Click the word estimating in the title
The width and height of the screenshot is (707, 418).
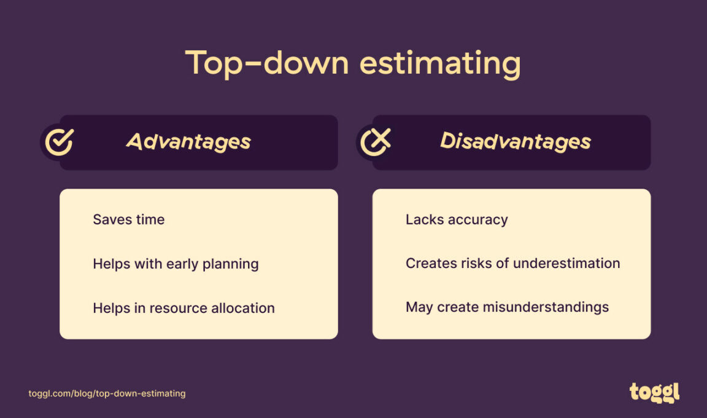440,64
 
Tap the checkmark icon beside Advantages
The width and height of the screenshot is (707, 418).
60,141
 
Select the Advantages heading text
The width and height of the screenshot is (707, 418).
188,142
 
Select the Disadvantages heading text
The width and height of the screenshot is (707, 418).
515,142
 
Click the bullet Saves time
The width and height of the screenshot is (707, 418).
128,219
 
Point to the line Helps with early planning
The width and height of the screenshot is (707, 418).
176,264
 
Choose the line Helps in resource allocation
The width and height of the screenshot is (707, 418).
184,308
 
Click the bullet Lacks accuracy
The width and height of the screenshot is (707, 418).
457,219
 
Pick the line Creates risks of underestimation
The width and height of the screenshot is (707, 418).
512,263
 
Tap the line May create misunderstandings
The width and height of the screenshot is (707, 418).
507,307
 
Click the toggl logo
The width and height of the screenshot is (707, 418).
654,392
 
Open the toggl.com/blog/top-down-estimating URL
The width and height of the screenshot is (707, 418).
107,393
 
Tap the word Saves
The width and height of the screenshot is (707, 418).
111,219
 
